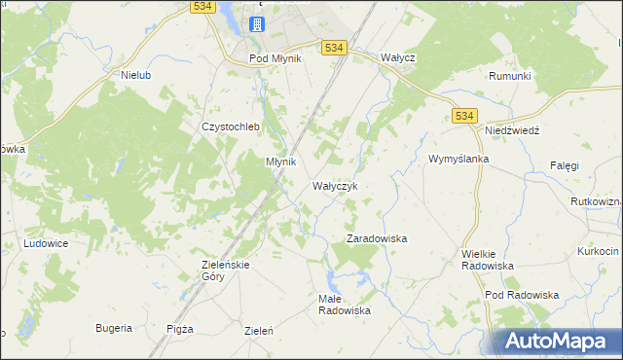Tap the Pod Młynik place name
pos(275,58)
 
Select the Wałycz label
pos(398,58)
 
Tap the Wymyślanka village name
pos(458,159)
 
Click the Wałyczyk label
pos(336,185)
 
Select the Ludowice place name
pos(45,243)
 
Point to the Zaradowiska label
pos(377,238)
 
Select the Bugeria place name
pos(114,328)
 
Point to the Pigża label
pos(180,329)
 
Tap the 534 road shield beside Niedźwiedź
pos(464,116)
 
